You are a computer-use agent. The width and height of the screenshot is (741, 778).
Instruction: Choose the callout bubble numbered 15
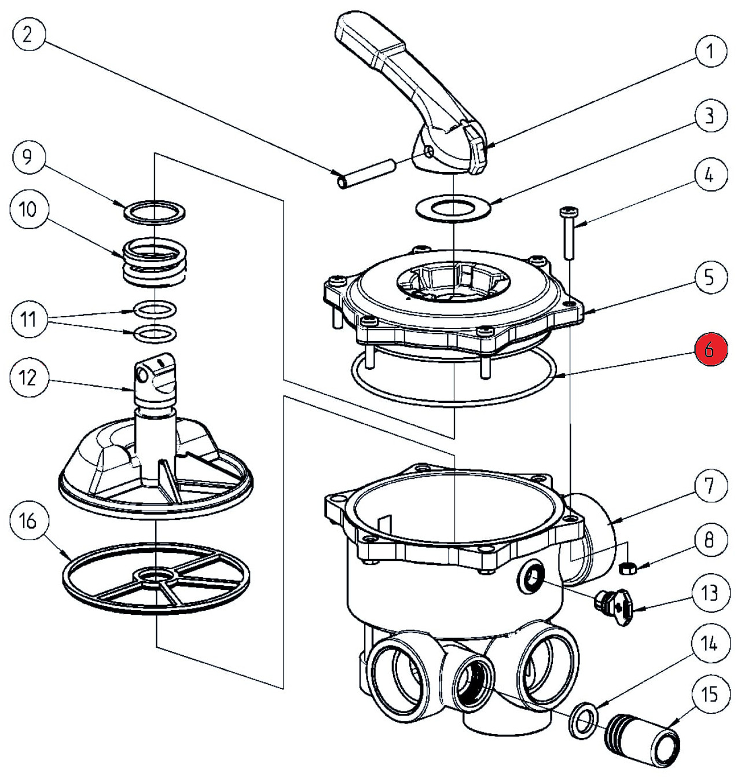(x=709, y=693)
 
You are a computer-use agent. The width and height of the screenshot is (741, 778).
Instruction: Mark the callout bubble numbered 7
(x=709, y=485)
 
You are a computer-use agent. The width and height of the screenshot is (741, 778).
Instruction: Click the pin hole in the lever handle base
(x=427, y=152)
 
